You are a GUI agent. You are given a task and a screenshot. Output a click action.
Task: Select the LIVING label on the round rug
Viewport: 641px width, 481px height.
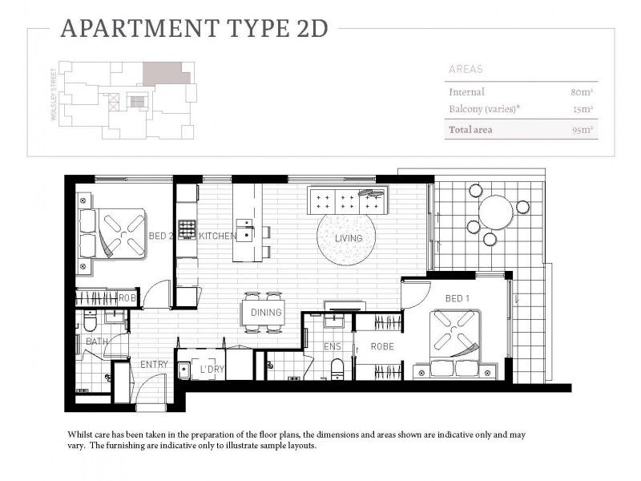(x=349, y=238)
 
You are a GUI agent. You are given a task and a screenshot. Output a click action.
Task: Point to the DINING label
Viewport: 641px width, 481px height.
(x=266, y=313)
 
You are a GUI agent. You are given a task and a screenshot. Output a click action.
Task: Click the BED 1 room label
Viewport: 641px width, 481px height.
(x=457, y=299)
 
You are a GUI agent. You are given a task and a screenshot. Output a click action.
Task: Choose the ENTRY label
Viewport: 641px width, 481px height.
(x=154, y=364)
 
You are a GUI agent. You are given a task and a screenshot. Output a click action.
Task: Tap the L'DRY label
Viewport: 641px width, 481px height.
(x=212, y=369)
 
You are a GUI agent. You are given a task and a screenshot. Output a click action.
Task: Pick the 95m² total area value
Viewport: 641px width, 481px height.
(x=581, y=129)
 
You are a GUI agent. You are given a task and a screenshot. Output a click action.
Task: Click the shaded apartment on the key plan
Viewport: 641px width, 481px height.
(x=166, y=74)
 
